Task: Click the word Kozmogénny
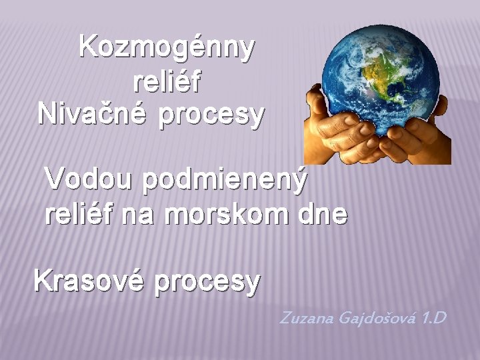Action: [x=167, y=48]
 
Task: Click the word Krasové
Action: [x=89, y=281]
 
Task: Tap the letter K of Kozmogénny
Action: [x=87, y=48]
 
